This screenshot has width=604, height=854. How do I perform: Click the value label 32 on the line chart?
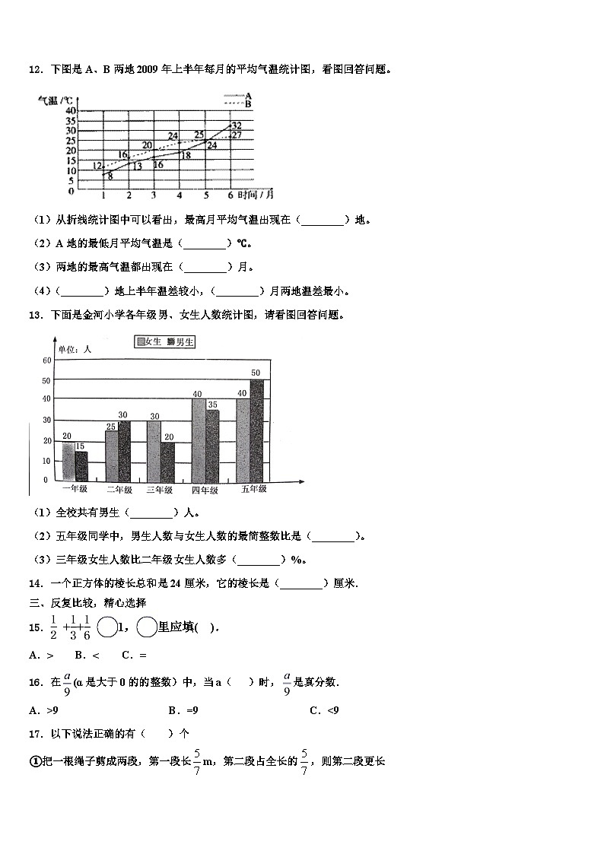[237, 125]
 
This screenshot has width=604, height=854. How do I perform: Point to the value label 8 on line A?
[110, 176]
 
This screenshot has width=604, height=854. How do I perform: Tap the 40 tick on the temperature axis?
[71, 111]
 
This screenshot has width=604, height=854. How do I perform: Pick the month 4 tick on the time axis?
[180, 195]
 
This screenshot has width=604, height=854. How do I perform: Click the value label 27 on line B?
[237, 135]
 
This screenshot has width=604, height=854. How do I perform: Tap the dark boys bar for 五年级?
[256, 430]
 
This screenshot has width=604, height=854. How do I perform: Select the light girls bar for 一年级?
[68, 462]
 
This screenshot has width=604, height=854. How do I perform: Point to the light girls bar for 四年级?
[199, 440]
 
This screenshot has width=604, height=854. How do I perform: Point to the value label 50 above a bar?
[256, 373]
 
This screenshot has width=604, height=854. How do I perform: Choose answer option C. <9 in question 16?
[324, 710]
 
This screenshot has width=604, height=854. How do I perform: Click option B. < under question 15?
[82, 655]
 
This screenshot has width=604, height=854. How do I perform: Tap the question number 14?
[34, 583]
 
